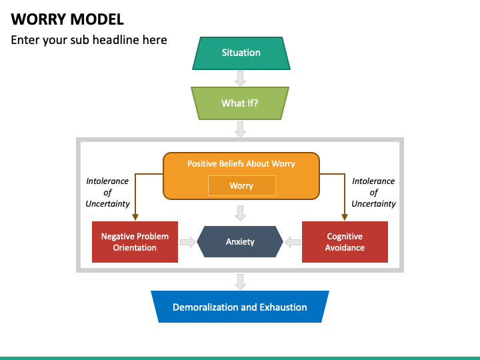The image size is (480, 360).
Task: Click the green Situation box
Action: (241, 53)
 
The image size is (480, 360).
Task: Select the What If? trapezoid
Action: (240, 103)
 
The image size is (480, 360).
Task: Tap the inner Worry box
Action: (241, 186)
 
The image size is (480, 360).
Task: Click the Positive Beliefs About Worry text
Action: (241, 163)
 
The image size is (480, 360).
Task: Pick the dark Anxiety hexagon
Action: (240, 241)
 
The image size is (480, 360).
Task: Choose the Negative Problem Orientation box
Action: (135, 242)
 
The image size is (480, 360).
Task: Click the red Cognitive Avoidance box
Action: (345, 242)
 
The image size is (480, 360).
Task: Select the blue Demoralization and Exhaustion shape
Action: (240, 307)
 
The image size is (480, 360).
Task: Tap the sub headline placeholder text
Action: (89, 40)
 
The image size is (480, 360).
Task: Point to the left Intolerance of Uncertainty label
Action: (107, 192)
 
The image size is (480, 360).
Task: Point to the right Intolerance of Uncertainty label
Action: (373, 192)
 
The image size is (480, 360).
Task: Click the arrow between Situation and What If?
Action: (241, 79)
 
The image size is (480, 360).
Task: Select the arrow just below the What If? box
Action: (241, 129)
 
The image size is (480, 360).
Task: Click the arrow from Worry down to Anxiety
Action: (241, 213)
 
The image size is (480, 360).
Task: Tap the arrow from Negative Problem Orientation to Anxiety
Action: (188, 242)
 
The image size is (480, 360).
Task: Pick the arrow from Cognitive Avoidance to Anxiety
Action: (292, 242)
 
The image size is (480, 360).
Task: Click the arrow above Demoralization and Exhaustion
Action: (241, 281)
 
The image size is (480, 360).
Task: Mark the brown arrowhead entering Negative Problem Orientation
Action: (135, 217)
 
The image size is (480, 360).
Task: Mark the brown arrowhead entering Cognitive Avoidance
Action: (345, 217)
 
